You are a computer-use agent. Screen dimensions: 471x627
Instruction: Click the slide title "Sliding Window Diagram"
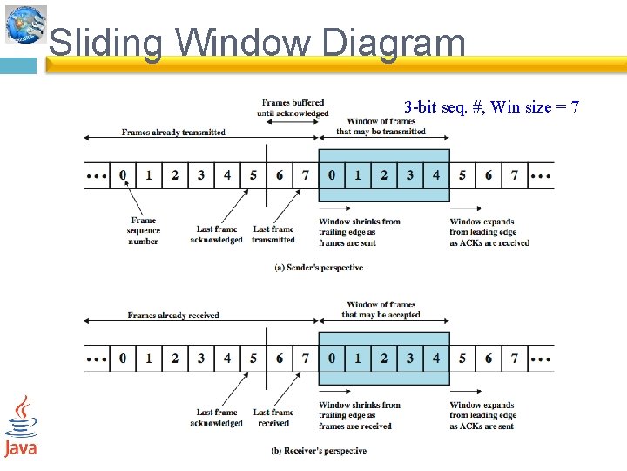257,43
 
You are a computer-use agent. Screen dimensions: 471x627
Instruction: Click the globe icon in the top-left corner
25,24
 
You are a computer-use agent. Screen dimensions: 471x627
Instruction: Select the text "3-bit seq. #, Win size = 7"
491,107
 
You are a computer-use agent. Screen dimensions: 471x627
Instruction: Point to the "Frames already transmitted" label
173,133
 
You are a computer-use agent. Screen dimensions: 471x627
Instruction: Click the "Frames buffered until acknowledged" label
293,108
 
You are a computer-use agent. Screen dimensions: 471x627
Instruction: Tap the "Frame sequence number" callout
143,231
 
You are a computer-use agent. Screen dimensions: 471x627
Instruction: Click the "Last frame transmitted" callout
273,235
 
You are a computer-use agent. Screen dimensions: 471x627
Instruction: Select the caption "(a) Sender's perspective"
318,268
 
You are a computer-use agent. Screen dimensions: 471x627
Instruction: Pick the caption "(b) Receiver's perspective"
318,451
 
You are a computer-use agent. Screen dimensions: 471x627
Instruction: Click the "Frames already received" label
173,315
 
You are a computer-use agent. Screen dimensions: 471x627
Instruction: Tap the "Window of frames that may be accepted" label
381,310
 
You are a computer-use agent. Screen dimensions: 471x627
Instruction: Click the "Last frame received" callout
273,418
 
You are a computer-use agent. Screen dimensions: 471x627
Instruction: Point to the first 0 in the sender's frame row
123,175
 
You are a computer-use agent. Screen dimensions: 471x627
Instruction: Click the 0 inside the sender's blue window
331,175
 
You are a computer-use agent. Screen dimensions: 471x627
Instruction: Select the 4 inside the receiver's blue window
436,358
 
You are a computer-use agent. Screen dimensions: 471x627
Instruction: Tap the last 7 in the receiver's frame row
515,358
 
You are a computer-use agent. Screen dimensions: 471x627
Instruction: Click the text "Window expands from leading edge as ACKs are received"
489,232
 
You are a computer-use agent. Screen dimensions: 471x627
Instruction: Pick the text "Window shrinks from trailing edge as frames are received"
360,415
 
